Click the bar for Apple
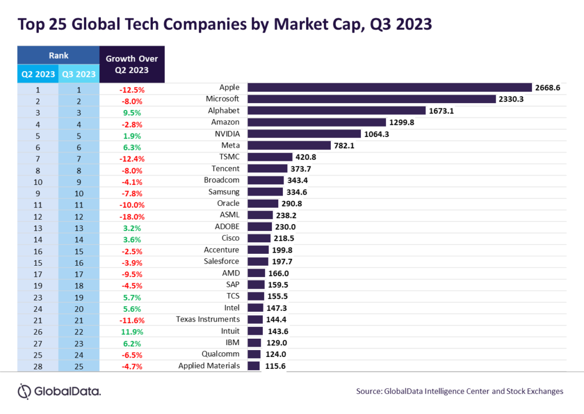389,87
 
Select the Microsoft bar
371,99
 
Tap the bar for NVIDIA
305,133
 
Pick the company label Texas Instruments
208,319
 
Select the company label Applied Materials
209,366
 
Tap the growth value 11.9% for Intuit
132,331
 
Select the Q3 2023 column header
79,73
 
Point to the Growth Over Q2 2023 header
132,64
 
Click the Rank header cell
58,55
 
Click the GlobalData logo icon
25,391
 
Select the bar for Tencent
267,168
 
